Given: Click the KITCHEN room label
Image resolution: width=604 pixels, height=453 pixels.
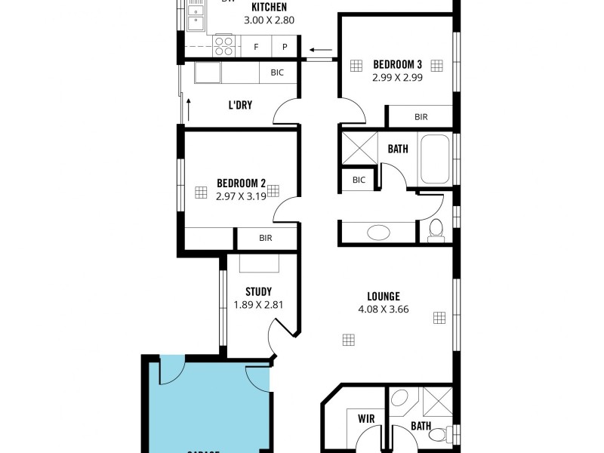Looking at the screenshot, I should pyautogui.click(x=269, y=7).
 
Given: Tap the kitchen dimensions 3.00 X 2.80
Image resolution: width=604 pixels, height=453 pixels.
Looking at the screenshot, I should pyautogui.click(x=269, y=21).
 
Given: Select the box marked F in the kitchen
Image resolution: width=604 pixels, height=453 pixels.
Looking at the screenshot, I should pyautogui.click(x=256, y=47).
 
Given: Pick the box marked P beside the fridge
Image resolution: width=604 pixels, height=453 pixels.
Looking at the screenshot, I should pyautogui.click(x=285, y=47).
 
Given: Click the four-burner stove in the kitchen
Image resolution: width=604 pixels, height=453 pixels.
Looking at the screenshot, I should pyautogui.click(x=224, y=46).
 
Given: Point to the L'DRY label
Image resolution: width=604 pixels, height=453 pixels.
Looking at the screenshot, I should pyautogui.click(x=240, y=105).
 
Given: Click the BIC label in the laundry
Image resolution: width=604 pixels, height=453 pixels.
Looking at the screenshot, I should pyautogui.click(x=277, y=73).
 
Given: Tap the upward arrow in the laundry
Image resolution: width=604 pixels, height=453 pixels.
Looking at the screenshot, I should pyautogui.click(x=188, y=109).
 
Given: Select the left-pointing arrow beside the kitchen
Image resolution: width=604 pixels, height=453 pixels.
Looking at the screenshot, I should pyautogui.click(x=320, y=51).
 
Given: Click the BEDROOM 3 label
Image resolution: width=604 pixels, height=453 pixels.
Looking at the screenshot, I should pyautogui.click(x=397, y=64).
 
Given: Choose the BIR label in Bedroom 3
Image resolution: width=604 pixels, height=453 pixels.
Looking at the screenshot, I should pyautogui.click(x=421, y=117).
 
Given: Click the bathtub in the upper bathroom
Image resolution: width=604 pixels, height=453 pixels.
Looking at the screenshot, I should pyautogui.click(x=435, y=159).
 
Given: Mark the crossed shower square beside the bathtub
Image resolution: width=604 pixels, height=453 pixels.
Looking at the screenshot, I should pyautogui.click(x=359, y=147).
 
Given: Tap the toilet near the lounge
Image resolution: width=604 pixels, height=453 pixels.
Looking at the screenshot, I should pyautogui.click(x=436, y=230).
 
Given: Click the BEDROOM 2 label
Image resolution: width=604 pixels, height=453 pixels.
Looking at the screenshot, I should pyautogui.click(x=241, y=183).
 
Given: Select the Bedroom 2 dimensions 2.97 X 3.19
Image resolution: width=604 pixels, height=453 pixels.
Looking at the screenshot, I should pyautogui.click(x=241, y=196).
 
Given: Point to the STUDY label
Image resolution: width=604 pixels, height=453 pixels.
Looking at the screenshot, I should pyautogui.click(x=258, y=291).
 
